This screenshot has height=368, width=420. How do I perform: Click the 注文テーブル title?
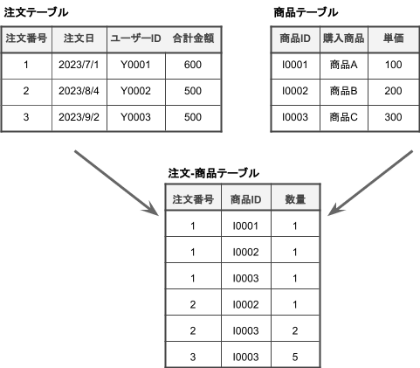point(36,12)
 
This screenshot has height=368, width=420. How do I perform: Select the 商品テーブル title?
point(306,12)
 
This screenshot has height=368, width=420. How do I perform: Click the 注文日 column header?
point(79,38)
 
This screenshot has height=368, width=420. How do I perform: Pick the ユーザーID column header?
point(135,38)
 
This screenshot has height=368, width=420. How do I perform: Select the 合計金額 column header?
point(192,38)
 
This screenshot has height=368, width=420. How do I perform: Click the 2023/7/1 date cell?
point(79,65)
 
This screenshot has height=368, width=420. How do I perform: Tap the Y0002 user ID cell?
point(135,91)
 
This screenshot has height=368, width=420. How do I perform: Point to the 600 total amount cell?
point(192,65)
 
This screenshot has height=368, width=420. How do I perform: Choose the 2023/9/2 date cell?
point(79,117)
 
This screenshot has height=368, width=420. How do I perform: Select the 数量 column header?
point(295,199)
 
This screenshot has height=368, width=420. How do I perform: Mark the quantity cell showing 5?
point(295,357)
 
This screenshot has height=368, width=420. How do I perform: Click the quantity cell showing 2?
point(295,330)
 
